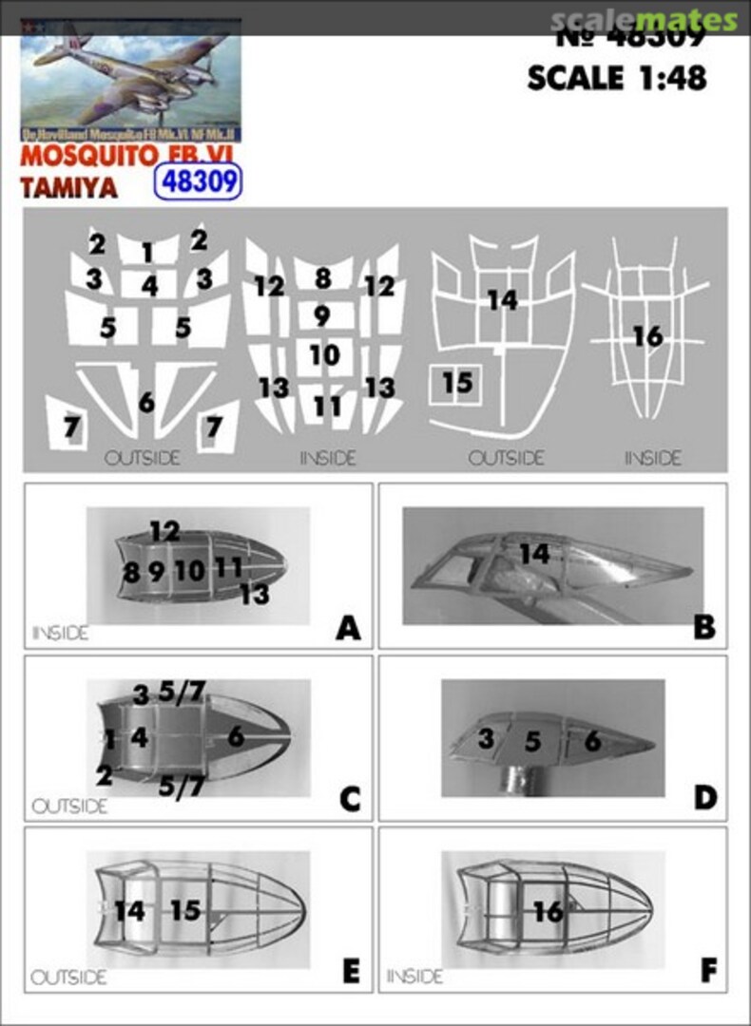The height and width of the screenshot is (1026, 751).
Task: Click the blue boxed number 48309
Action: point(198,181)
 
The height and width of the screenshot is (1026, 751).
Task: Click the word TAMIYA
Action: point(68,187)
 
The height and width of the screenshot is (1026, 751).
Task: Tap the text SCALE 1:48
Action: point(617,78)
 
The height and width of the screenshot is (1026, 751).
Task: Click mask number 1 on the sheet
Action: point(147,253)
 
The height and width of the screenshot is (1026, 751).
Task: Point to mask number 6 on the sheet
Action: point(146,402)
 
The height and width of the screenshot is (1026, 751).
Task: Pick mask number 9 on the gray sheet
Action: point(322,314)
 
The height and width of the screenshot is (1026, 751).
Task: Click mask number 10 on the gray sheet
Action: point(324,355)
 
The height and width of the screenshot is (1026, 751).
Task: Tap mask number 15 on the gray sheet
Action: point(457,383)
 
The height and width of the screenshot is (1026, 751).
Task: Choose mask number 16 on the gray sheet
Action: point(646,336)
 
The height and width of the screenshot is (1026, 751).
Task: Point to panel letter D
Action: point(704,799)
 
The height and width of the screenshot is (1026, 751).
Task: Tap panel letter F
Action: point(707,971)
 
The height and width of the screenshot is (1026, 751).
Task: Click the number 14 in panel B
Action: point(534,553)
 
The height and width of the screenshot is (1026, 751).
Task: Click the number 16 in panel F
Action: point(549,911)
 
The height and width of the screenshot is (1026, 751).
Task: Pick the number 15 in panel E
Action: point(185,910)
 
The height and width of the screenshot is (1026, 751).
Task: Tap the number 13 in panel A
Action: point(253,596)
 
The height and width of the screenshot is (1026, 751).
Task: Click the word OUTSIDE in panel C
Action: point(69,807)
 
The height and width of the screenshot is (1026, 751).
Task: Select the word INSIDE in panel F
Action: point(414,977)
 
